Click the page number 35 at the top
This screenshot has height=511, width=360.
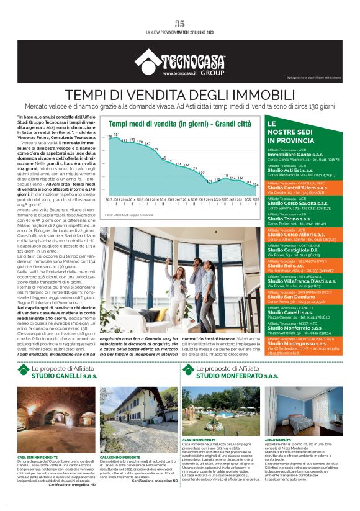(180, 24)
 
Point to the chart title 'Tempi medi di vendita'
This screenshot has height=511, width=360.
(155, 124)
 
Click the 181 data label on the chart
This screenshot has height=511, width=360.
(116, 135)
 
